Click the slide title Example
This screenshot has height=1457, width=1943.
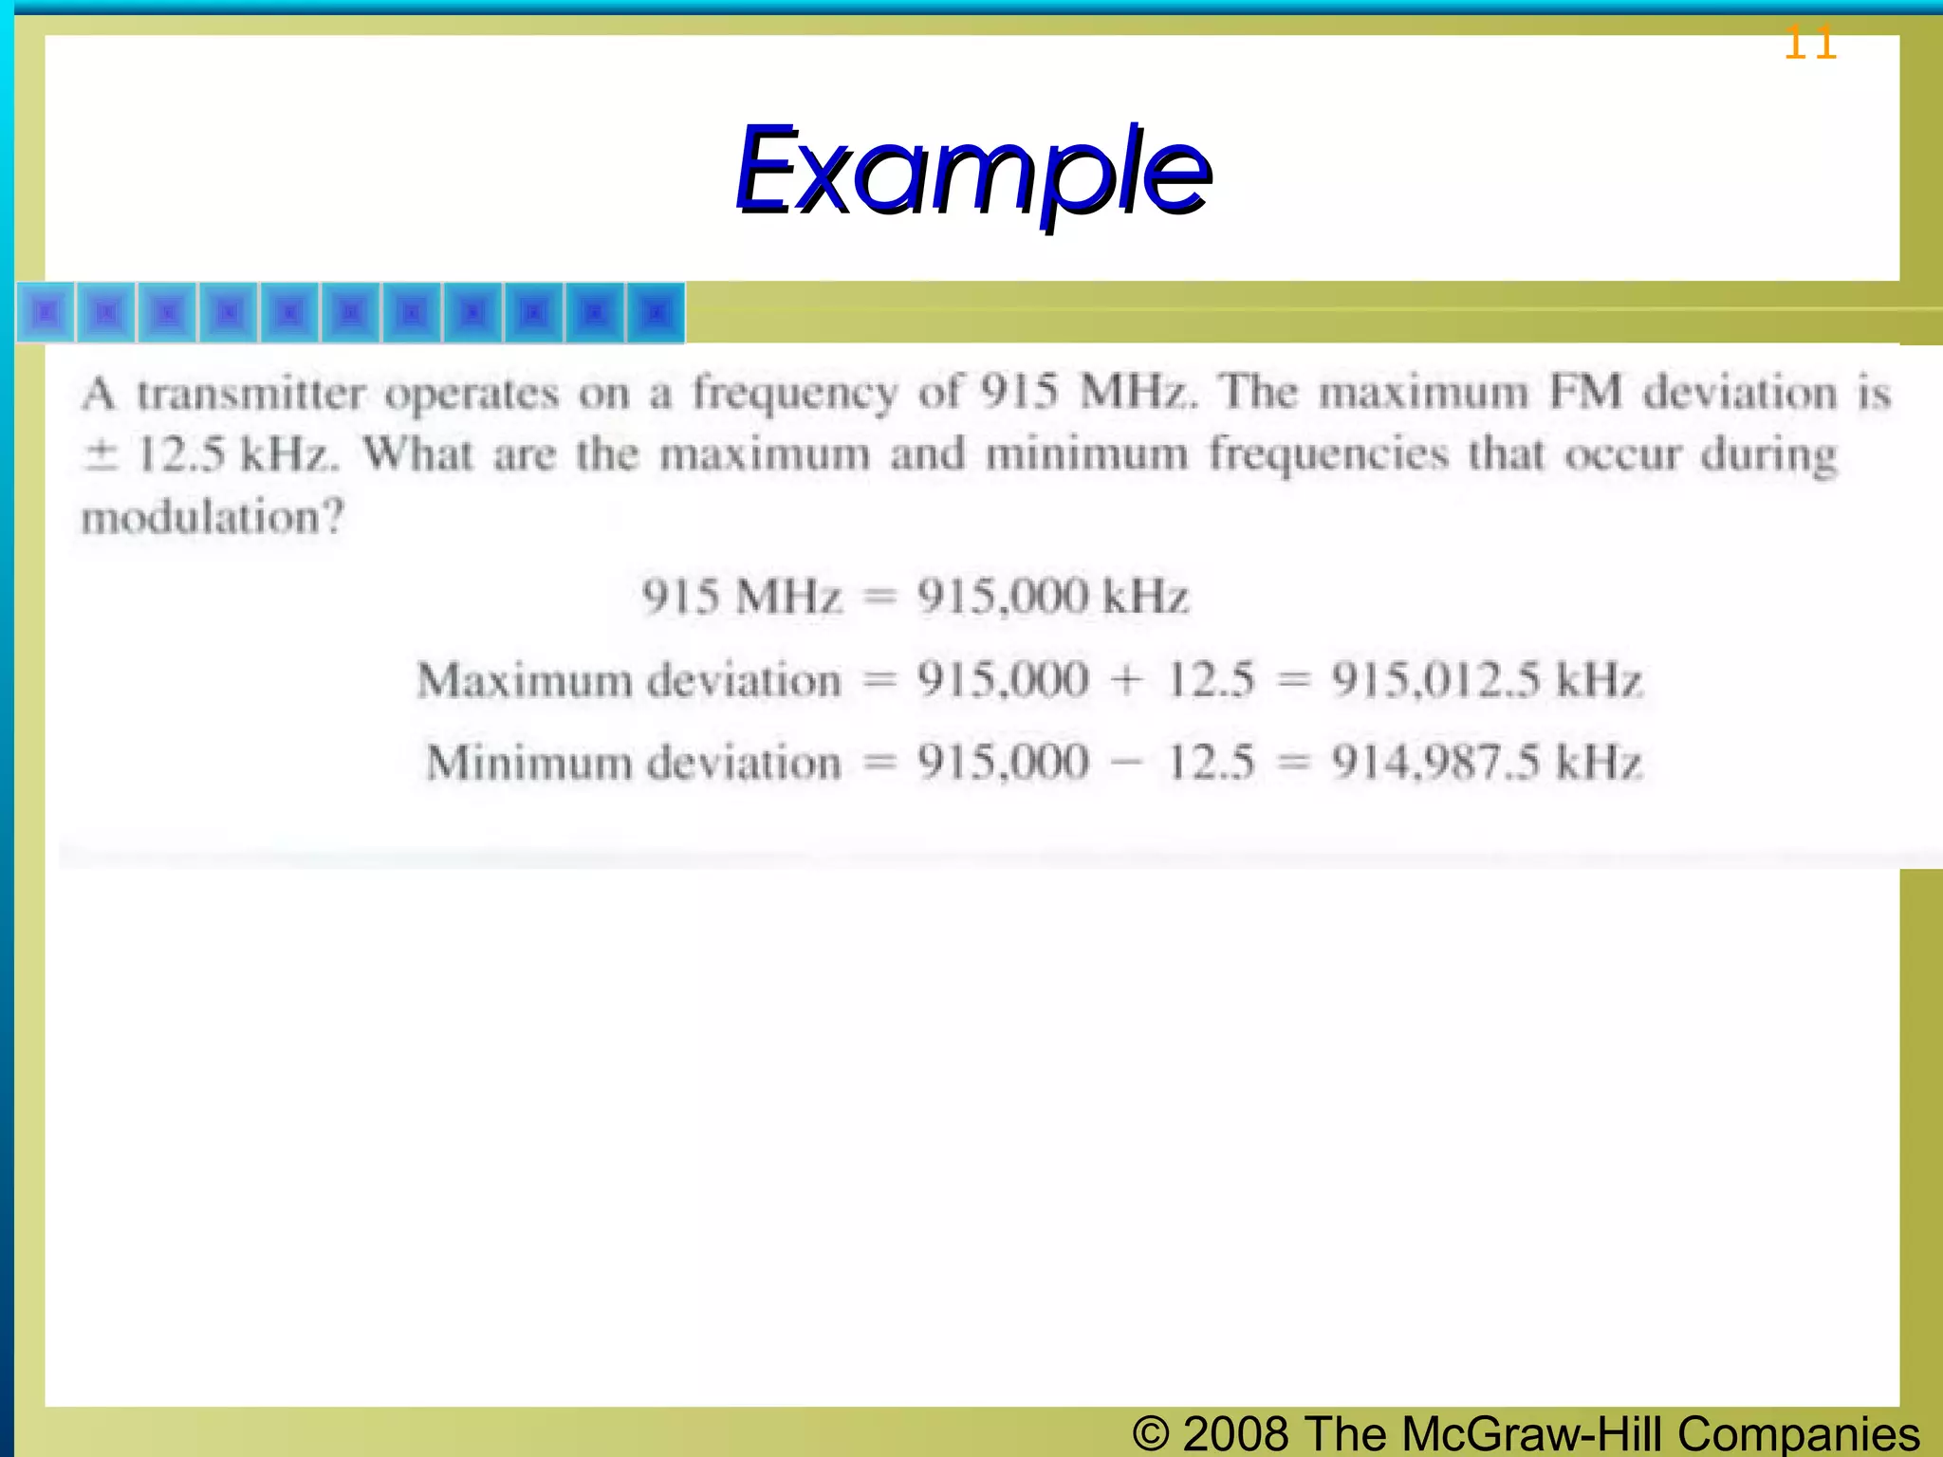pos(972,171)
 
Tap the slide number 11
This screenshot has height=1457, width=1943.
pos(1810,44)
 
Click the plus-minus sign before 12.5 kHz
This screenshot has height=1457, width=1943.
pos(100,454)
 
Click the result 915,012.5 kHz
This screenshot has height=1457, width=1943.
pos(1486,680)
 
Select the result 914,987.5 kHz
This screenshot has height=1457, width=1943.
pos(1486,763)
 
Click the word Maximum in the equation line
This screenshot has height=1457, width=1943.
pos(525,680)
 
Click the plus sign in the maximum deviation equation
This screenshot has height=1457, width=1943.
pos(1127,680)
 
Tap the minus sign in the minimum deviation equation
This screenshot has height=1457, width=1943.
pos(1127,763)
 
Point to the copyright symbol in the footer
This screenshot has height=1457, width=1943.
pos(1151,1433)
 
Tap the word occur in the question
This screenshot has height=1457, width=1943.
pos(1622,454)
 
